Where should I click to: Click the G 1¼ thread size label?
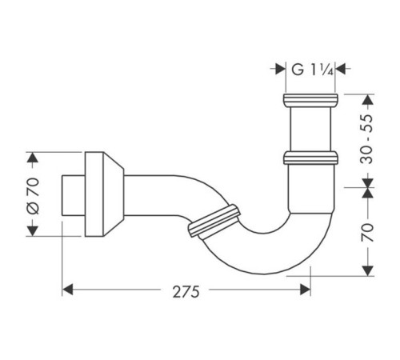312,70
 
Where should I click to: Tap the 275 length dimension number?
186,292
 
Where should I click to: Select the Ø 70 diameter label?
34,196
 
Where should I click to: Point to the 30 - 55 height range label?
366,139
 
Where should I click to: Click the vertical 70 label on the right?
367,233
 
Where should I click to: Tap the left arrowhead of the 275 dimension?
67,290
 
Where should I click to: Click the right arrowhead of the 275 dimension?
306,290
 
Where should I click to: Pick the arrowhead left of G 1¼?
281,69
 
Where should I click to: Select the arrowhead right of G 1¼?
340,69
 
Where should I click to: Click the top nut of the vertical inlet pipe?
310,100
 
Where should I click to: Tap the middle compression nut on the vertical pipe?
310,158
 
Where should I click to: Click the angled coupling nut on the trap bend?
214,221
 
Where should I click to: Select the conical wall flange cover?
105,194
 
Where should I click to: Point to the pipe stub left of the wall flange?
74,195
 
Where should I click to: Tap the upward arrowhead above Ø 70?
33,158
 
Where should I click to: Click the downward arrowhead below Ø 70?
33,231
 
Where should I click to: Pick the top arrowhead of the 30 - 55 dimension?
368,99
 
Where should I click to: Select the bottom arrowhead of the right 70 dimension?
368,271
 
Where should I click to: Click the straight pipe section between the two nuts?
310,129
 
